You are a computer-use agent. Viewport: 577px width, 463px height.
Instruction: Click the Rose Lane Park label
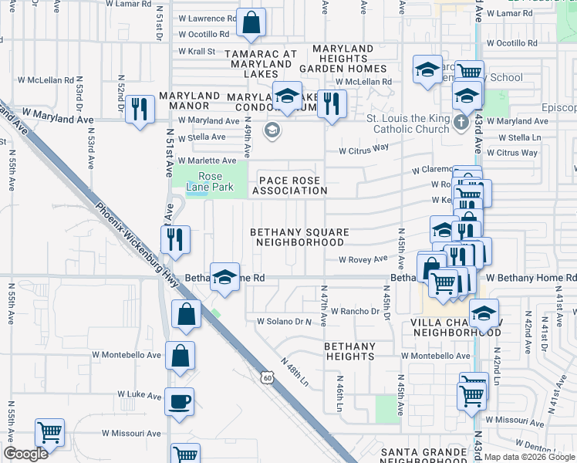click(x=204, y=181)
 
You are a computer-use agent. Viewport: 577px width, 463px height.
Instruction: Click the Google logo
click(x=26, y=454)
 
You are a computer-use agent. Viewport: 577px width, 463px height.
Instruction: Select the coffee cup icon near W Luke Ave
click(x=179, y=402)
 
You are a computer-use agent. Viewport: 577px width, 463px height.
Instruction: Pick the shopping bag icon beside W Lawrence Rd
click(x=251, y=24)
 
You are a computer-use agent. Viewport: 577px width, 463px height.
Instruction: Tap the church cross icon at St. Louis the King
click(x=461, y=122)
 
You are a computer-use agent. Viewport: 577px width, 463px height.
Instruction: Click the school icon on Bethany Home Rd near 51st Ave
click(x=224, y=277)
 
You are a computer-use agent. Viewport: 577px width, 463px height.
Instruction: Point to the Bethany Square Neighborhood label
click(x=299, y=237)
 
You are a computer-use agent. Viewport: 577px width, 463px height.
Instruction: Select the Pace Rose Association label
click(x=288, y=185)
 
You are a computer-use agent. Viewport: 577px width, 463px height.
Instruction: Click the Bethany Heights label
click(x=349, y=351)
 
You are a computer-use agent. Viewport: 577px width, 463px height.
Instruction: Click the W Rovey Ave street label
click(x=363, y=259)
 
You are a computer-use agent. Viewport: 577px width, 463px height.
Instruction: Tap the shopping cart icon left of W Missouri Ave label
click(x=49, y=433)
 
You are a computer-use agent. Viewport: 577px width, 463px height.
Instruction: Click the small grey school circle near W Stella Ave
click(x=272, y=130)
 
